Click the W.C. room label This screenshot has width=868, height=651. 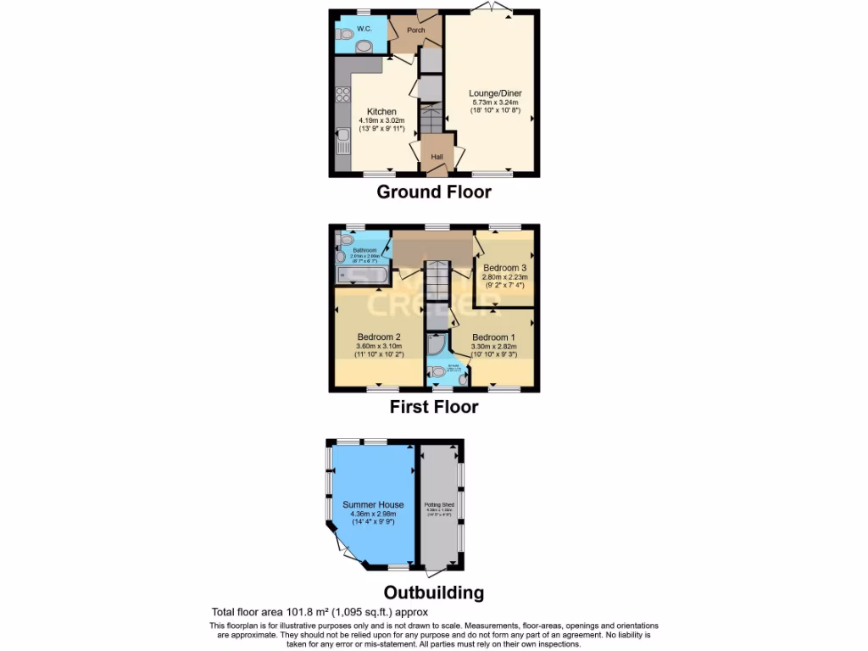pyautogui.click(x=364, y=29)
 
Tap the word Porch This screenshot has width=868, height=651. pyautogui.click(x=416, y=31)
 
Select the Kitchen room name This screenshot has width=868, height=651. pyautogui.click(x=381, y=111)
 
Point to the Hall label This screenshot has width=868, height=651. pyautogui.click(x=437, y=157)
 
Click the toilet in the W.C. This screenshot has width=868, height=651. pyautogui.click(x=344, y=35)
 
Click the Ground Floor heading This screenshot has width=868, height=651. pyautogui.click(x=433, y=192)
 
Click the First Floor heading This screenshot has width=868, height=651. pyautogui.click(x=433, y=407)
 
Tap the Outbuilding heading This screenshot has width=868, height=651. pyautogui.click(x=433, y=593)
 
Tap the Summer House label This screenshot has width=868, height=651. pyautogui.click(x=373, y=505)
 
